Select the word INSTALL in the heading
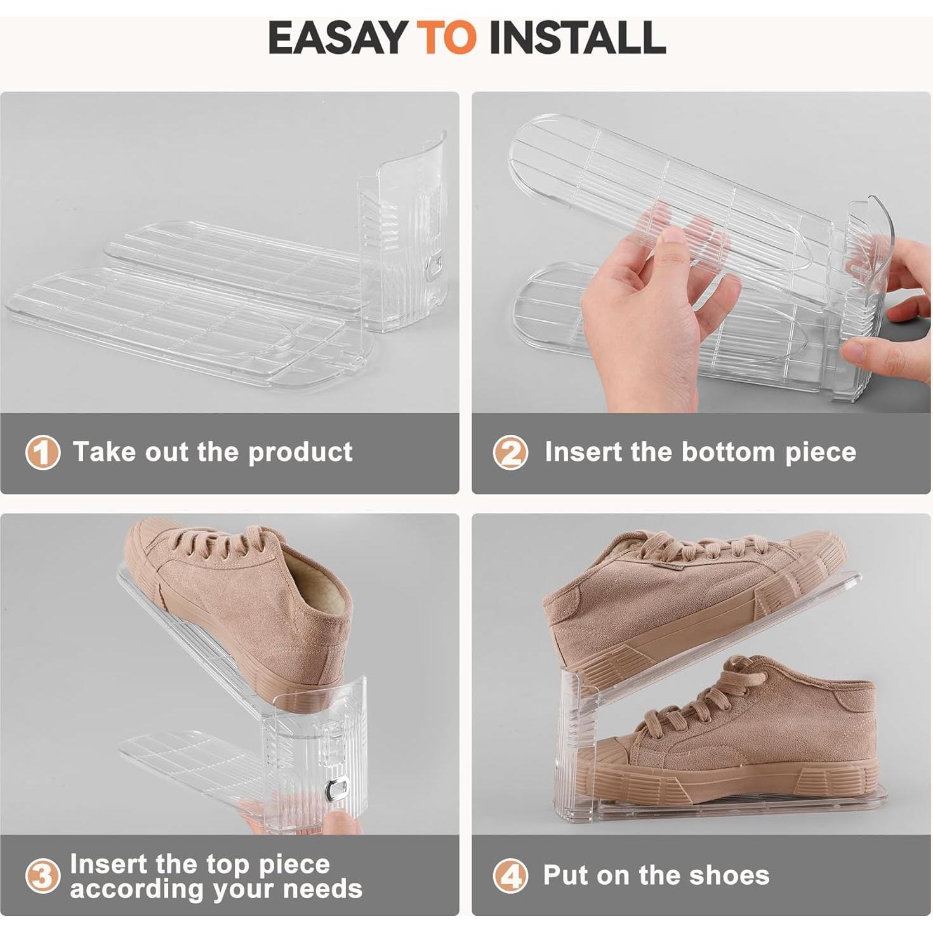coord(577,37)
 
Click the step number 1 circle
coord(43,453)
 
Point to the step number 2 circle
coord(510,453)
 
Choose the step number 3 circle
coord(43,877)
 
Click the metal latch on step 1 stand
coord(434,267)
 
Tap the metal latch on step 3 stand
coord(337,788)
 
